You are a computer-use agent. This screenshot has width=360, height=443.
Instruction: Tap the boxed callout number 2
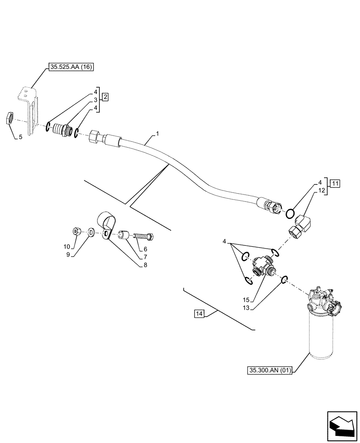coord(105,96)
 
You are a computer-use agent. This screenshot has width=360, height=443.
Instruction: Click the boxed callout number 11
coord(334,183)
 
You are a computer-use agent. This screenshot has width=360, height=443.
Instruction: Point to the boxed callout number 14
coord(199,314)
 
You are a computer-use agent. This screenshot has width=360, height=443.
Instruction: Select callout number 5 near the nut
coord(20,138)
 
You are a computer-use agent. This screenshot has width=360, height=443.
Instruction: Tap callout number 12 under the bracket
coord(321,190)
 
